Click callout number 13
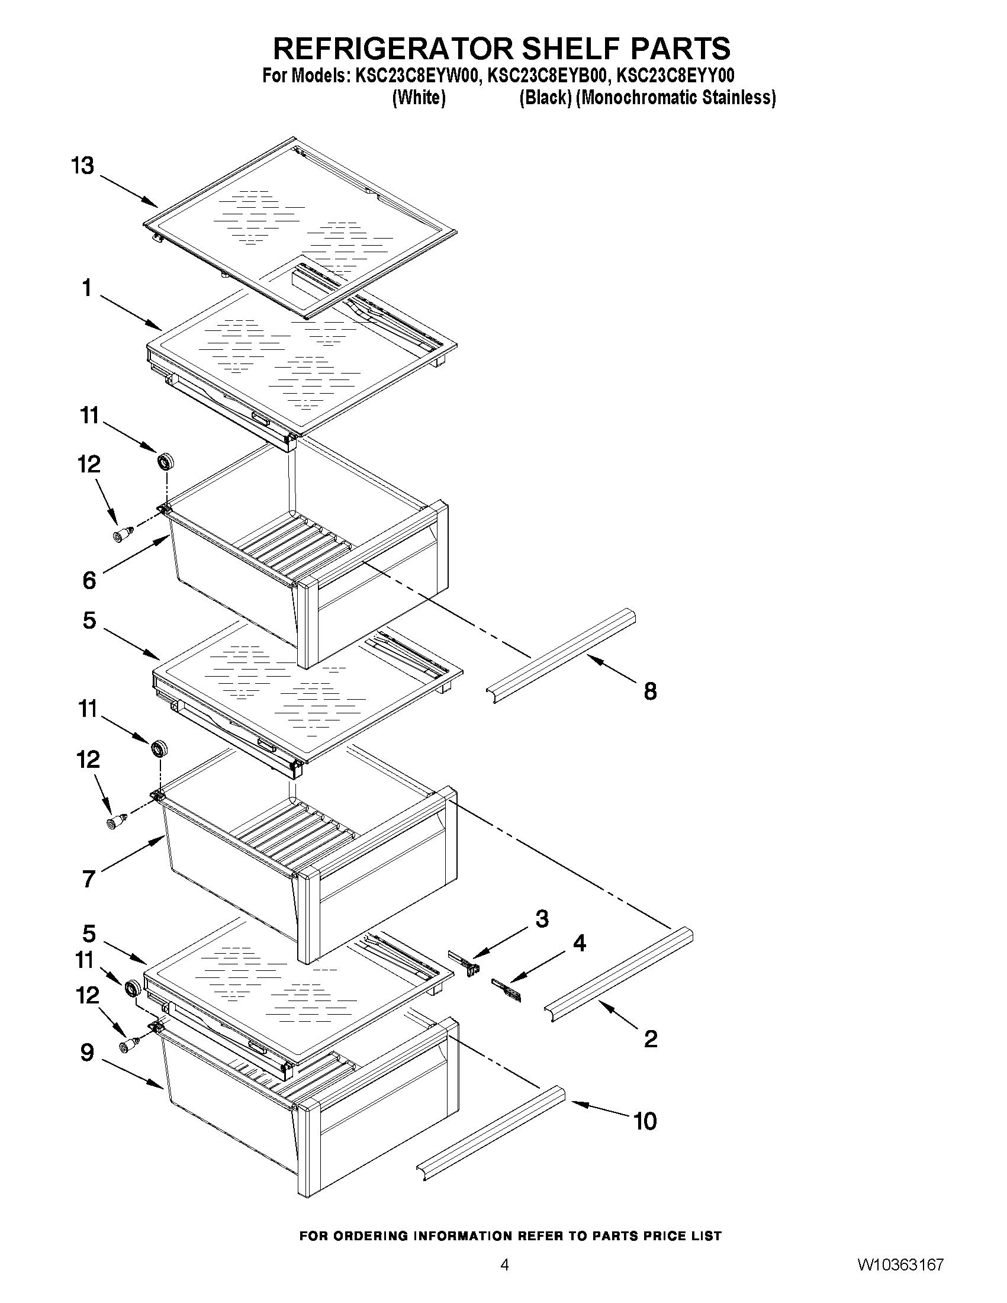83,165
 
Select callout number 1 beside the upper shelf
87,288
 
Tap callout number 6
89,580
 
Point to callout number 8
650,691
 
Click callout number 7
89,879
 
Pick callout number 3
542,919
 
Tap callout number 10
645,1121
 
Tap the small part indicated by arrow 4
506,991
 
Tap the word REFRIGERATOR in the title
394,49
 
